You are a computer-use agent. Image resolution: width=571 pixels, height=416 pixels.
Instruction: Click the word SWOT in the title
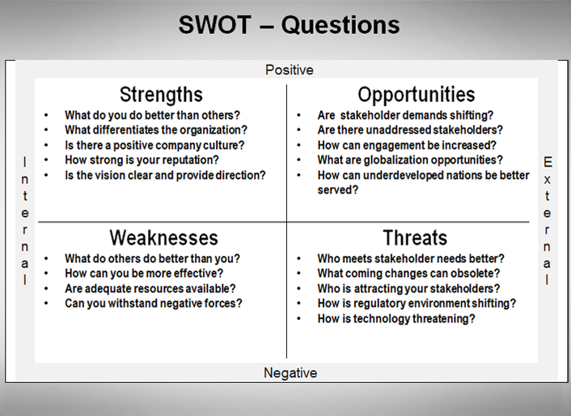coord(215,25)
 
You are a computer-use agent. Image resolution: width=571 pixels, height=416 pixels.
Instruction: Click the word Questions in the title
coord(340,26)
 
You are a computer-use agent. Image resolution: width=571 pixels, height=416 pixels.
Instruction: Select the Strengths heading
coord(161,95)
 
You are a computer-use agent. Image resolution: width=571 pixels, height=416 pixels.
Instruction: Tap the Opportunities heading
coord(417,95)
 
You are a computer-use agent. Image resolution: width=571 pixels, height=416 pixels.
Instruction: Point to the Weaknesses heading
coord(164,238)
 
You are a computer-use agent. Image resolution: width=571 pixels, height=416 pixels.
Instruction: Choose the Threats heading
coord(415,238)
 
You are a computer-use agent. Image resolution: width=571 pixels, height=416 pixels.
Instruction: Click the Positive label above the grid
coord(290,70)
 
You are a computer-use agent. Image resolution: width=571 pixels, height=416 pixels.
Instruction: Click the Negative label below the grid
coord(290,372)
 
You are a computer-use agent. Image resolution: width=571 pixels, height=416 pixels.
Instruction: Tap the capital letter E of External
coord(548,162)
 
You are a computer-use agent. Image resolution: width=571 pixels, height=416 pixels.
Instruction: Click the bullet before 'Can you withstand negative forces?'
coord(46,303)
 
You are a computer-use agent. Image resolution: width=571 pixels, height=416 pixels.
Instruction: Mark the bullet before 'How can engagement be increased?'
coord(298,145)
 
